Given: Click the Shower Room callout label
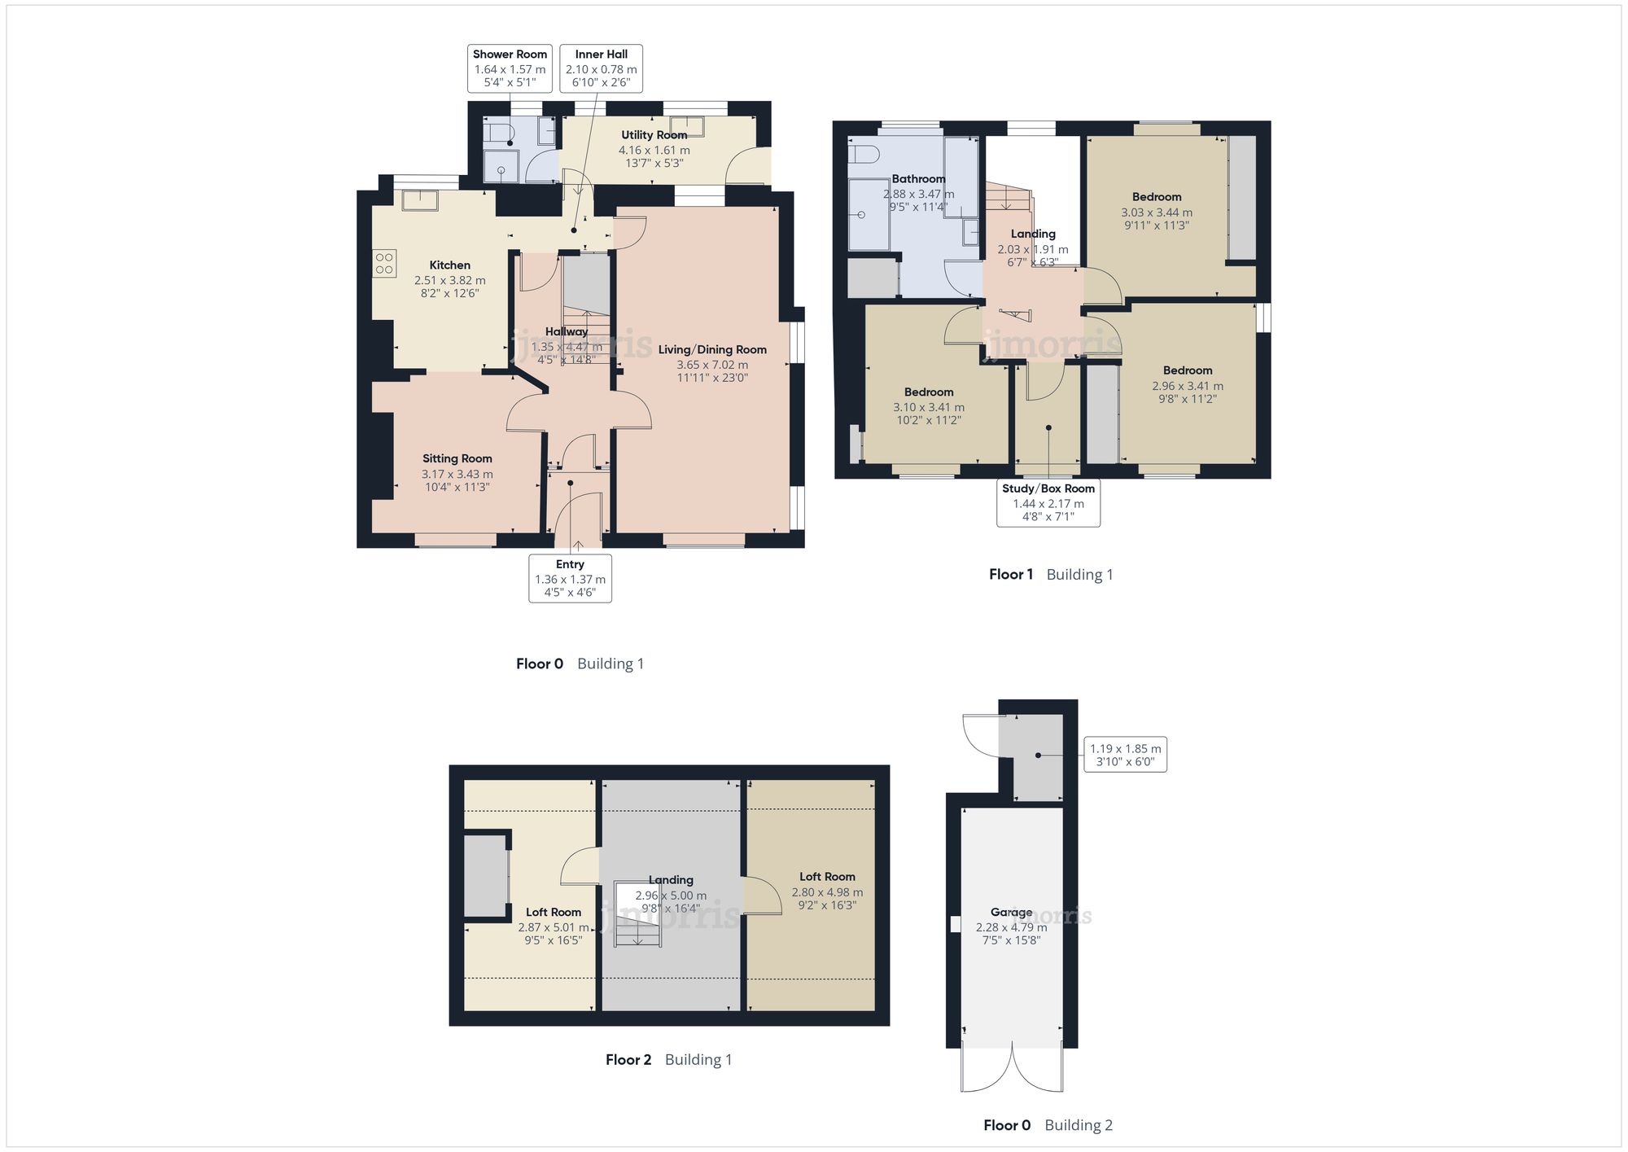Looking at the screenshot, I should pyautogui.click(x=510, y=68).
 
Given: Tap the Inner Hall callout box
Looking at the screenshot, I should pyautogui.click(x=601, y=68).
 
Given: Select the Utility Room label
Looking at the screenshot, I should pyautogui.click(x=654, y=135).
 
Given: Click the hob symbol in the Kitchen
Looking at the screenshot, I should pyautogui.click(x=385, y=264).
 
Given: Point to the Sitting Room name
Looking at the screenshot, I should pyautogui.click(x=457, y=458).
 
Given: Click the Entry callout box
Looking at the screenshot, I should pyautogui.click(x=570, y=578).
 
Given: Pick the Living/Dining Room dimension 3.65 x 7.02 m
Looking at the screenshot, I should pyautogui.click(x=712, y=365).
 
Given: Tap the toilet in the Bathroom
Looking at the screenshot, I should pyautogui.click(x=862, y=154).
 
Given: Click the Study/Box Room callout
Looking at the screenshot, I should pyautogui.click(x=1048, y=502).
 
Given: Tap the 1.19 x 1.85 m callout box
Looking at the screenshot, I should pyautogui.click(x=1126, y=755).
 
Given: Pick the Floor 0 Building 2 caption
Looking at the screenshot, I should pyautogui.click(x=1048, y=1125).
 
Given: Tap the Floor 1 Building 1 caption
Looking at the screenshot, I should pyautogui.click(x=1051, y=575).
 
